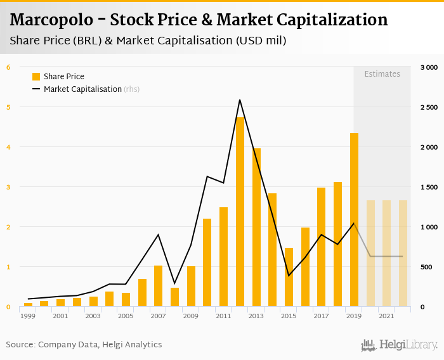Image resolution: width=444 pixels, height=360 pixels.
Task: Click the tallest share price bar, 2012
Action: pyautogui.click(x=240, y=212)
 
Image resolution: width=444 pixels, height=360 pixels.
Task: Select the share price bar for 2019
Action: pyautogui.click(x=354, y=219)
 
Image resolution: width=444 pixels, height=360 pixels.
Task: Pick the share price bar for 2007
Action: pyautogui.click(x=159, y=286)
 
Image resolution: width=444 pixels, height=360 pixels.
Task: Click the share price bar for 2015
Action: pyautogui.click(x=289, y=277)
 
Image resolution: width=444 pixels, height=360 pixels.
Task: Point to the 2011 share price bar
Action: pyautogui.click(x=223, y=257)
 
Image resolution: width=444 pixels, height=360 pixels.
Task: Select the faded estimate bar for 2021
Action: pyautogui.click(x=386, y=254)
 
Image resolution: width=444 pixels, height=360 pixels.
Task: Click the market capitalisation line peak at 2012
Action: pyautogui.click(x=240, y=100)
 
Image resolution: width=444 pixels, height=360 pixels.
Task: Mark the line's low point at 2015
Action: pyautogui.click(x=289, y=276)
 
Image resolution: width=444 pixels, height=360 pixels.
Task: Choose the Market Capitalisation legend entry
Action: pyautogui.click(x=82, y=89)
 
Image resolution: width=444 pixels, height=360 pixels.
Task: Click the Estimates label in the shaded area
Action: pyautogui.click(x=382, y=74)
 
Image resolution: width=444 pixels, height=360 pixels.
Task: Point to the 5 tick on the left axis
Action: pyautogui.click(x=8, y=107)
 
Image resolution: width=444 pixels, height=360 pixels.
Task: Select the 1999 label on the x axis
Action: pyautogui.click(x=27, y=316)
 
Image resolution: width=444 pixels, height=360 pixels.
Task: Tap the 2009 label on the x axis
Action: pyautogui.click(x=191, y=316)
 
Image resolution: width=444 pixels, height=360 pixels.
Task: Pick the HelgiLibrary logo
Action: pyautogui.click(x=400, y=345)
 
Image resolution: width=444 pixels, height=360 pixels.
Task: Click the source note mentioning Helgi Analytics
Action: pyautogui.click(x=84, y=345)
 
